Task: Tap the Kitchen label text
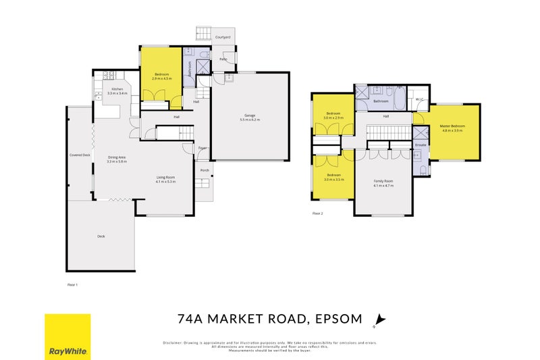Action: (x=117, y=89)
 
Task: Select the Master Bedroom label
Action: (x=454, y=126)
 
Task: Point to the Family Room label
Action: (x=383, y=181)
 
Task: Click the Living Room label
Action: (x=165, y=178)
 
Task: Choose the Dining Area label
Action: (x=117, y=157)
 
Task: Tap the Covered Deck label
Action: (x=80, y=155)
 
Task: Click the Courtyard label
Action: (x=222, y=36)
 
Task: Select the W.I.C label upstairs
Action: (x=418, y=100)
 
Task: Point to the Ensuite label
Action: (x=421, y=145)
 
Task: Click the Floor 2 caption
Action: (x=317, y=213)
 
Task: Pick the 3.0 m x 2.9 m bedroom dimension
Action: (x=333, y=118)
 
